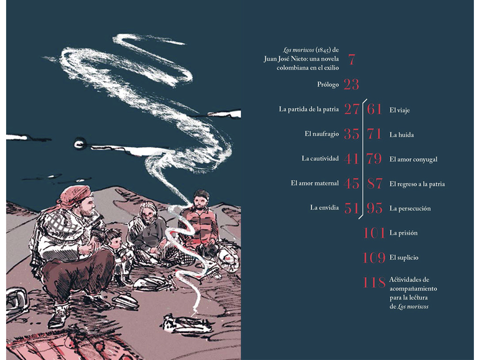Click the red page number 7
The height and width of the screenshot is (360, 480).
click(352, 59)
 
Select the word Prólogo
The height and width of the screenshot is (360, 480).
click(328, 84)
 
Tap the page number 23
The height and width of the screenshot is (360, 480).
click(351, 84)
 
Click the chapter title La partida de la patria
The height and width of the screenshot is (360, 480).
click(308, 109)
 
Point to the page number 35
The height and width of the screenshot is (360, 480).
click(351, 134)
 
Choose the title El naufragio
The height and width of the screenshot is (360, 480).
click(322, 134)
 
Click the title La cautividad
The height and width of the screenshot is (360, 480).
click(320, 158)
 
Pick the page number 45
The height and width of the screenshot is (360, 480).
click(351, 183)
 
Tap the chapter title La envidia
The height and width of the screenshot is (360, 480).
click(324, 208)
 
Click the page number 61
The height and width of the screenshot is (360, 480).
click(375, 109)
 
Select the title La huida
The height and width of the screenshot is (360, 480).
click(402, 135)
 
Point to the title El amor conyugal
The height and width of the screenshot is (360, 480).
click(413, 159)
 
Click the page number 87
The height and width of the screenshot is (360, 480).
click(375, 183)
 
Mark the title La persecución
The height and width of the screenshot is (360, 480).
click(410, 209)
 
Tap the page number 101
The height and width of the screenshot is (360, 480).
click(374, 233)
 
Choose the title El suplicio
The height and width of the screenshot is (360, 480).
click(404, 258)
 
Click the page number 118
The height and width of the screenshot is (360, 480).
click(374, 282)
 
